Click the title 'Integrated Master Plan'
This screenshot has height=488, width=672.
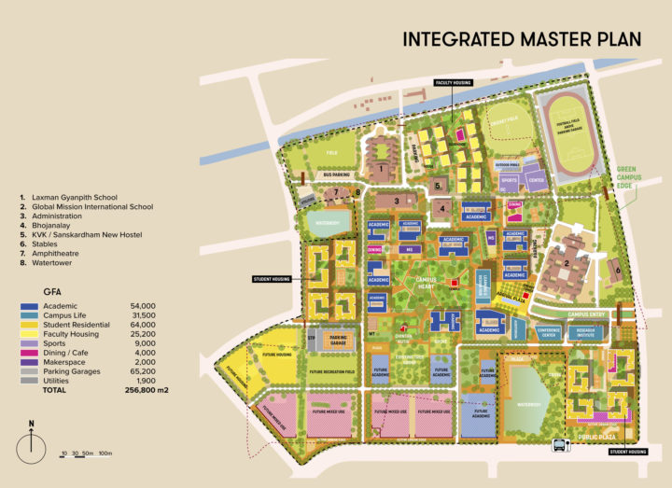point(522,39)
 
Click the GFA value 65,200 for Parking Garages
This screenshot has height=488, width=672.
point(143,370)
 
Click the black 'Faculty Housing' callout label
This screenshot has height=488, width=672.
point(453,82)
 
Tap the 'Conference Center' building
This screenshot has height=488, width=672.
point(549,331)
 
